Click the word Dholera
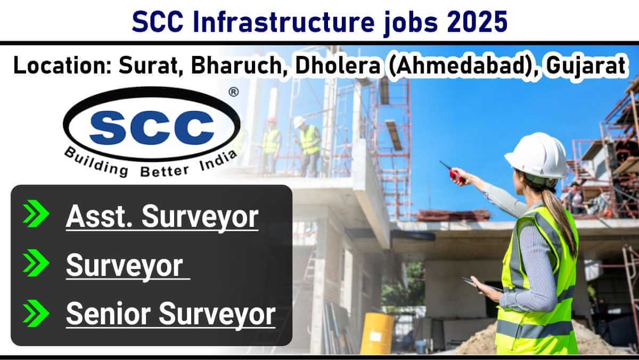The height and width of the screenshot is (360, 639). (338, 66)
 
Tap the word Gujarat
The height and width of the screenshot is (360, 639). (586, 67)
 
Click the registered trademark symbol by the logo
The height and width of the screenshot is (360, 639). (234, 92)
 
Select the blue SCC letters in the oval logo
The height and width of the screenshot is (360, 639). (152, 127)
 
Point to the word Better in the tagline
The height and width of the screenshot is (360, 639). (165, 171)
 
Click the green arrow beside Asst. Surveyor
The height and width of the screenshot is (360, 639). (36, 214)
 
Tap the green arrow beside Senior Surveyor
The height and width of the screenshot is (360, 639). (36, 313)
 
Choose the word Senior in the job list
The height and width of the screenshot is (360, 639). (109, 314)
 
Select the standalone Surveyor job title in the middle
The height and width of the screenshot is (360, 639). (125, 266)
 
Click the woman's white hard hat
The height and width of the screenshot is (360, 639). (536, 156)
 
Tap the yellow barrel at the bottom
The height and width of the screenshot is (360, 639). (377, 333)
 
